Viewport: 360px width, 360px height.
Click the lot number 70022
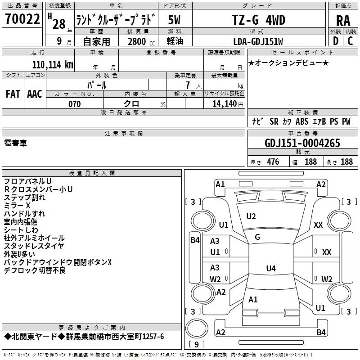[x=22, y=19]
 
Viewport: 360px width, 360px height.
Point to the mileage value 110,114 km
[x=53, y=64]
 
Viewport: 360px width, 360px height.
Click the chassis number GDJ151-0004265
[x=302, y=143]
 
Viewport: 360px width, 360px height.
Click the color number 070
[x=75, y=104]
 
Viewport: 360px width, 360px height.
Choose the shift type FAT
[x=13, y=94]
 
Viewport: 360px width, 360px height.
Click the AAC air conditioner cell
[x=35, y=94]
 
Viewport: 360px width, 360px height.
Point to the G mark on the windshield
[x=257, y=237]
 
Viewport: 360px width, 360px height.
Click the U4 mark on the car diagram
[x=270, y=269]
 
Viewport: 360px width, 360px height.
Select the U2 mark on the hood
[x=251, y=216]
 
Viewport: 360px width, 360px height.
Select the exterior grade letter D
[x=335, y=41]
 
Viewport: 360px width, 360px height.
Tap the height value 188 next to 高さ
[x=346, y=162]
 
